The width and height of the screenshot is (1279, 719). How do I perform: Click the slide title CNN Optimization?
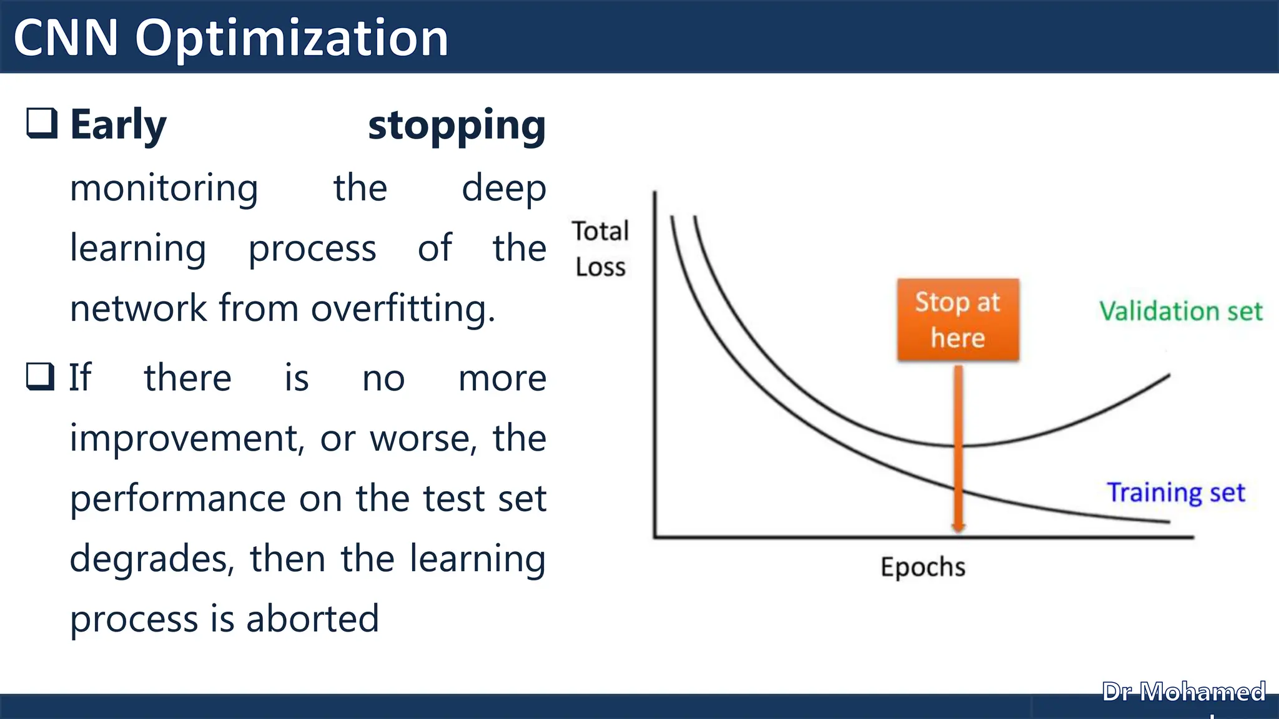coord(231,37)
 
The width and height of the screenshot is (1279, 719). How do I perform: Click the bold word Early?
coord(119,125)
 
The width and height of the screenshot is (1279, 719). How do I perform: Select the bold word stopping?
coord(457,126)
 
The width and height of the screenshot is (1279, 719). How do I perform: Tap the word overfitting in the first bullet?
coord(403,308)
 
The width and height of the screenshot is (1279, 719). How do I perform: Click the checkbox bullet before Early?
coord(42,122)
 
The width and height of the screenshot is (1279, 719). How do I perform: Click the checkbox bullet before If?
coord(41,376)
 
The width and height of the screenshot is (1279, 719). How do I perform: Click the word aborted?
coord(312,619)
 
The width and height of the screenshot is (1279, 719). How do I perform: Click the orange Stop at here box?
coord(958,320)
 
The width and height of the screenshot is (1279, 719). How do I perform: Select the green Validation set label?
coord(1180,311)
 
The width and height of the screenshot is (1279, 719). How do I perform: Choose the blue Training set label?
coord(1175,492)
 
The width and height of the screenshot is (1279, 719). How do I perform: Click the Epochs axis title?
coord(922,567)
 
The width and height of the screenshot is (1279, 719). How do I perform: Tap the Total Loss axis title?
coord(600,248)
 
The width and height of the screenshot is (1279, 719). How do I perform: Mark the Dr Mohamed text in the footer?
coord(1183,692)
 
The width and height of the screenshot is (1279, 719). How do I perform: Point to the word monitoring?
coord(164,188)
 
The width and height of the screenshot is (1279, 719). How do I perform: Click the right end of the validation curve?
coord(1168,376)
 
